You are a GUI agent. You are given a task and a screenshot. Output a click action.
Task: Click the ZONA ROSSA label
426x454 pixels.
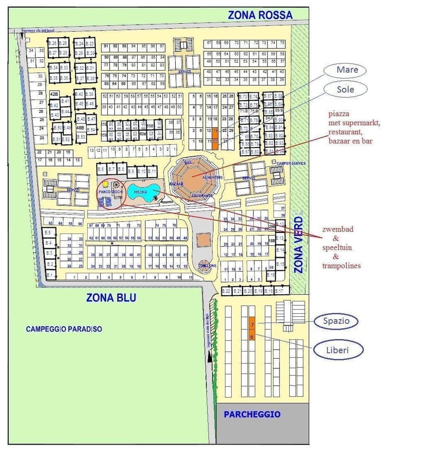pyautogui.click(x=260, y=15)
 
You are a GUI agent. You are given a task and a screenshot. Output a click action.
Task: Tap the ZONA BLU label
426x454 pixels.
pyautogui.click(x=111, y=297)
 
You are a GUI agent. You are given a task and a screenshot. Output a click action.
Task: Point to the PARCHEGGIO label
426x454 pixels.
pyautogui.click(x=252, y=414)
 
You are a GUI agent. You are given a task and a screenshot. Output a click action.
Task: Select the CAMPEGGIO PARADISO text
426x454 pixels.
pyautogui.click(x=64, y=329)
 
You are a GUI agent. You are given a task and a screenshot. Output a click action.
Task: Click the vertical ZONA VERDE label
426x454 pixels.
pyautogui.click(x=299, y=244)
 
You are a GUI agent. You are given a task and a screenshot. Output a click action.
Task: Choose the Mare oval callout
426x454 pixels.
pyautogui.click(x=347, y=70)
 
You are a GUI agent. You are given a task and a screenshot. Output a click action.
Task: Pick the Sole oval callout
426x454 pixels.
pyautogui.click(x=345, y=89)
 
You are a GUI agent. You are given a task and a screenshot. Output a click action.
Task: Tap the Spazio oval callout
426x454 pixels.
pyautogui.click(x=337, y=321)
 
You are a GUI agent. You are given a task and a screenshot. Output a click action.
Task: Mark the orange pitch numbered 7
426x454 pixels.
pyautogui.click(x=252, y=325)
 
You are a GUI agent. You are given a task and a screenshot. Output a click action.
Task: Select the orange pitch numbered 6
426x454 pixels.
pyautogui.click(x=252, y=337)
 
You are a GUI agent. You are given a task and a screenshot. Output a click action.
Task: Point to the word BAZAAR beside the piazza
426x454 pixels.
pyautogui.click(x=176, y=184)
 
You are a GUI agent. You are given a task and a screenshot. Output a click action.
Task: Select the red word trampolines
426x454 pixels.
pyautogui.click(x=341, y=266)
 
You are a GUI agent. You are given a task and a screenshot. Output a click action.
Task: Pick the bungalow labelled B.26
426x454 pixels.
pyautogui.click(x=52, y=43)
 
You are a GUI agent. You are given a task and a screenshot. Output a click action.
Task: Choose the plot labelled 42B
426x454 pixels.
pyautogui.click(x=55, y=94)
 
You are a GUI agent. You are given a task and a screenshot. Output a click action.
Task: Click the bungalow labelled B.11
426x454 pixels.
pyautogui.click(x=152, y=171)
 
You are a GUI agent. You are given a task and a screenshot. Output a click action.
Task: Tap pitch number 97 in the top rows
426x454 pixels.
pyautogui.click(x=162, y=46)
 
